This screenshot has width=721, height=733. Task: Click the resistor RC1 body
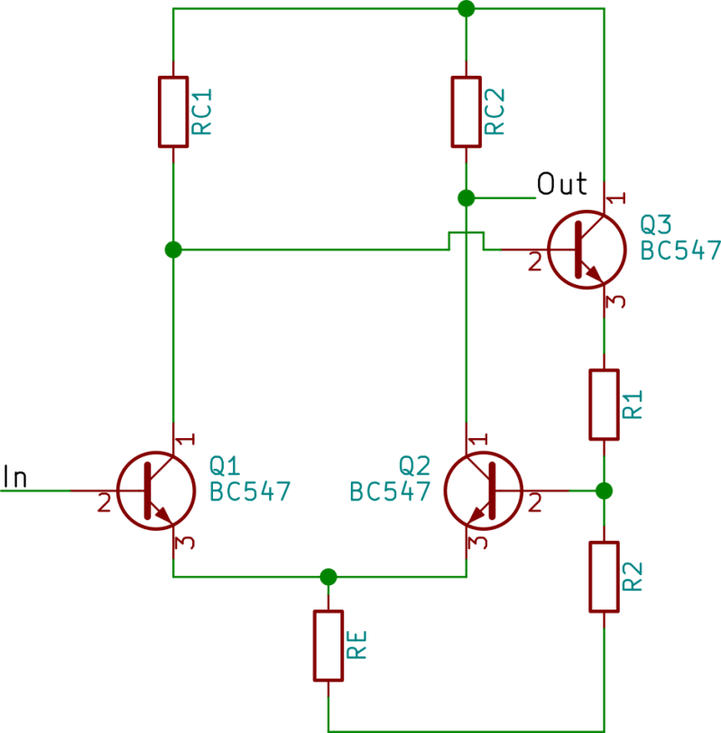173,112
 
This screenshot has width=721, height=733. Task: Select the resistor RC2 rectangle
466,112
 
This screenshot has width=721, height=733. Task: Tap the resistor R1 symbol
604,404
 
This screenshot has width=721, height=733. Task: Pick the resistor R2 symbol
604,577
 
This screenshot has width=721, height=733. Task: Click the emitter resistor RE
328,646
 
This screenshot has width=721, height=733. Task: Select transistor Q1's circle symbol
156,490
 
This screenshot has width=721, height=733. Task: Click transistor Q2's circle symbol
484,490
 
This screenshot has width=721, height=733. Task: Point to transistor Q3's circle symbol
587,249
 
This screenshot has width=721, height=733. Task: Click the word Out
562,184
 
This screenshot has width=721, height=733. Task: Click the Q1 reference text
224,465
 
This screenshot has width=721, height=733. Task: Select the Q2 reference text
414,465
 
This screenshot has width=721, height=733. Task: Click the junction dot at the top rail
466,9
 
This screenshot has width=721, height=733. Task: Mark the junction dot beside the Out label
466,197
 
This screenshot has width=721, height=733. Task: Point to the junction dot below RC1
173,249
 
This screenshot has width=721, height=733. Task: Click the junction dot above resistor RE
328,576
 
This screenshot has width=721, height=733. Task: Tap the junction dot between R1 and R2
604,490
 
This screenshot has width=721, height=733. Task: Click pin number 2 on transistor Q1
104,504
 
